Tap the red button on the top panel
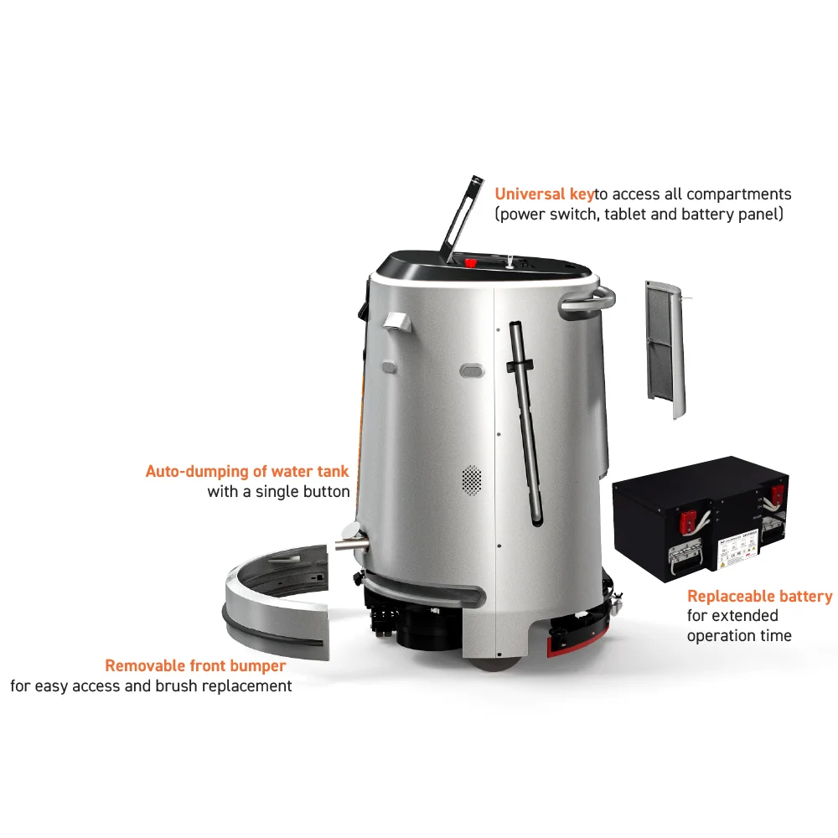(x=470, y=262)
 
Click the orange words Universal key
(x=545, y=194)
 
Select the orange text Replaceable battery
(x=759, y=597)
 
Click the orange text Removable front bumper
(x=195, y=666)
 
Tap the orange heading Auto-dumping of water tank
(x=247, y=472)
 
